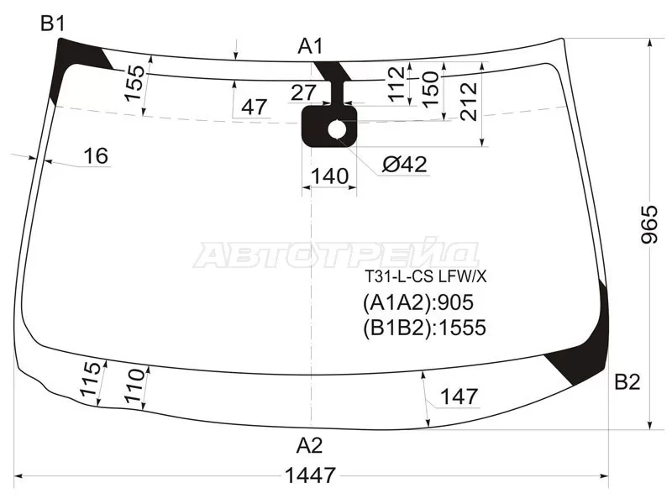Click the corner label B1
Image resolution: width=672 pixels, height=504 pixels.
tap(52, 24)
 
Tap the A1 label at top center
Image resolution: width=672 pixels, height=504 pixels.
tap(310, 46)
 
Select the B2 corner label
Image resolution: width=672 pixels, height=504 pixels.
tap(627, 381)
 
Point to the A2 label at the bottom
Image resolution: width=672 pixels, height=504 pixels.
tap(309, 446)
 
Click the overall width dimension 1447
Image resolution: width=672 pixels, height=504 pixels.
tap(310, 475)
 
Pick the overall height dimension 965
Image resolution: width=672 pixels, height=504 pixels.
tap(649, 224)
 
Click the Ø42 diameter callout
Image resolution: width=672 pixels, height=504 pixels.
tap(404, 164)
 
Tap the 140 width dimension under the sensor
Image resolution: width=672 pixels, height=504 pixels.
tap(329, 176)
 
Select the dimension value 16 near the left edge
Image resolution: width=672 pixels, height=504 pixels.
tap(96, 155)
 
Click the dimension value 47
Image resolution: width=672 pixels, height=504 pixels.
tap(255, 107)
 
